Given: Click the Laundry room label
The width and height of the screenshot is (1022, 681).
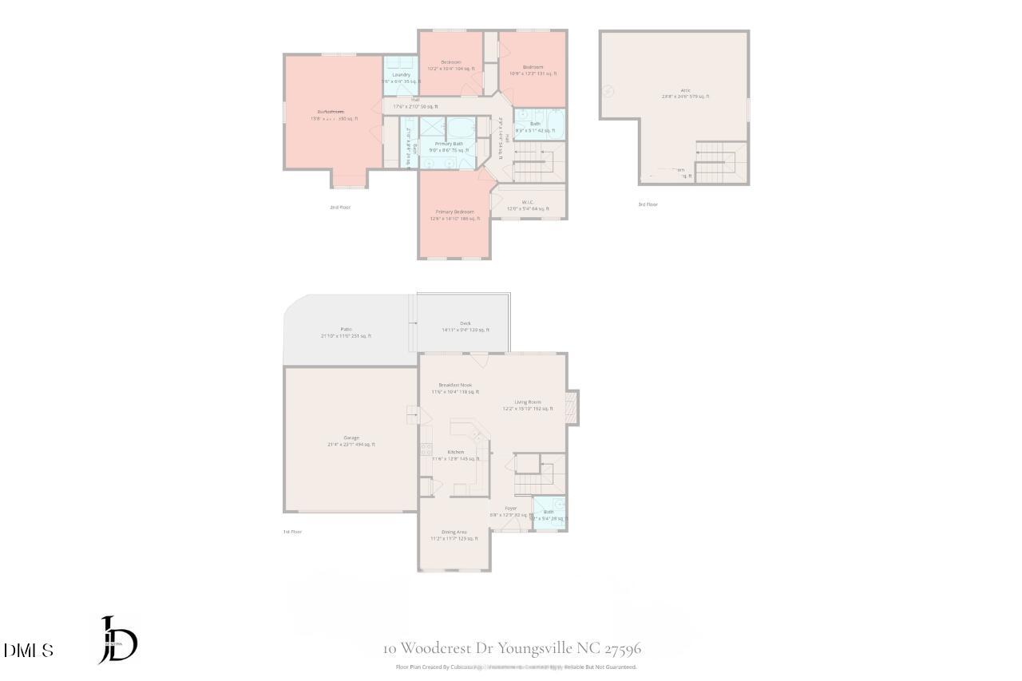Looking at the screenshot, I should (401, 75).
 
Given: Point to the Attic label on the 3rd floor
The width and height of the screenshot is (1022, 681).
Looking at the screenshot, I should (685, 91).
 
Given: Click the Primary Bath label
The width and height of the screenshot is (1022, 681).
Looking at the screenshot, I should (449, 144).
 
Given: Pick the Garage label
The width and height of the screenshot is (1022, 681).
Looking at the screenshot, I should (351, 438).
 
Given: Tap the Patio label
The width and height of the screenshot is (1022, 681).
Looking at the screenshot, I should (347, 329).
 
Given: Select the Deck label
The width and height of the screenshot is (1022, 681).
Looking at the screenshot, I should (465, 324).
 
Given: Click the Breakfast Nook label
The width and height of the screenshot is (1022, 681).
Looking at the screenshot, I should (455, 385).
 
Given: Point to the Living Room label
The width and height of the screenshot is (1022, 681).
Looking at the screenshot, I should (527, 402).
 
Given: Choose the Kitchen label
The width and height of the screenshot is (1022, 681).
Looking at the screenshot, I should (455, 452).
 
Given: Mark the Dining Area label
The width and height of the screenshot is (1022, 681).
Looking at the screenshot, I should (454, 532).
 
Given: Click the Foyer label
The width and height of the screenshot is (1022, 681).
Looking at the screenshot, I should (510, 509).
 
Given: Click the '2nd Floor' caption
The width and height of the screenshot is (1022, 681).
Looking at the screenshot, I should (340, 207).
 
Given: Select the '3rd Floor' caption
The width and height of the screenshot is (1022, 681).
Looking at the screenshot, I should (648, 204).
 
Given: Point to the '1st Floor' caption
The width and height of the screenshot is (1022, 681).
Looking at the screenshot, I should (292, 532).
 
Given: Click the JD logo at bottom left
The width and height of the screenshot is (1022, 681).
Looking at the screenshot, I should (118, 639).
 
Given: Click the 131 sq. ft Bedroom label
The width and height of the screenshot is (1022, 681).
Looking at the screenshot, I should (533, 67).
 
